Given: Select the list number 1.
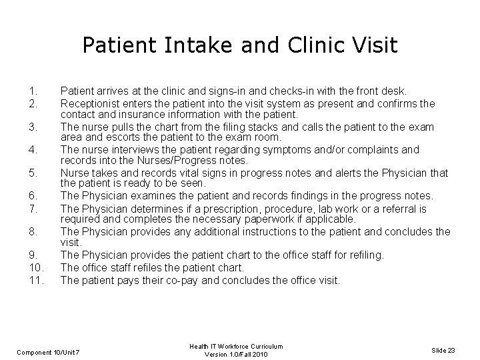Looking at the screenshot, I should (x=31, y=90).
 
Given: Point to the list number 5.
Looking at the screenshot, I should (x=31, y=173).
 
